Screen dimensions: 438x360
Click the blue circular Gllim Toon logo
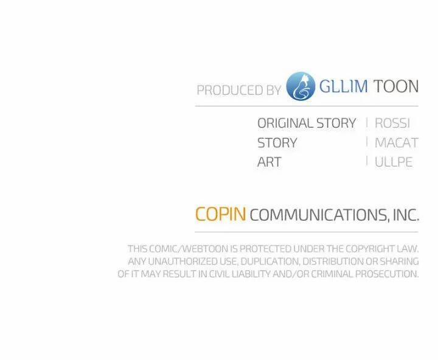[301, 86]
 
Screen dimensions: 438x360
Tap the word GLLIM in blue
[343, 86]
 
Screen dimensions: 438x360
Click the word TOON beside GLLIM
[396, 86]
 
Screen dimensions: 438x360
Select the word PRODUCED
[230, 90]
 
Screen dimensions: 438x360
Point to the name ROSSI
[392, 123]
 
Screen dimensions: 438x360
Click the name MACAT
[397, 143]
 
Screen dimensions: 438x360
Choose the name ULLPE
[394, 162]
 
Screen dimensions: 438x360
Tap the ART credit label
[269, 162]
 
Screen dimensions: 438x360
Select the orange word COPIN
[221, 214]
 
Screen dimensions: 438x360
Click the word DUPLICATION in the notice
[270, 261]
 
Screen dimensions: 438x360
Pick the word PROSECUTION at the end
[387, 274]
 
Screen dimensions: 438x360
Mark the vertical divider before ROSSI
[367, 122]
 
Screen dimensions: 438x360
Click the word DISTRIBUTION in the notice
[333, 261]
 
